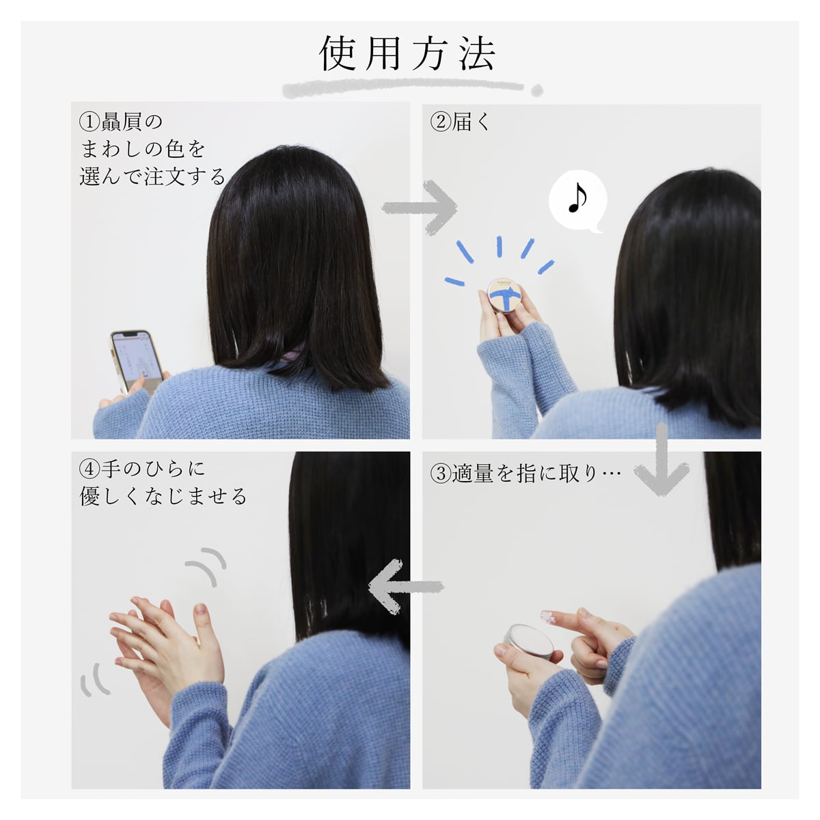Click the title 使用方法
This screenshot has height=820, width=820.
pos(407,53)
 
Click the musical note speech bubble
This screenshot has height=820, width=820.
pos(578,202)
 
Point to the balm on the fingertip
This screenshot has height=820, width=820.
pos(548,616)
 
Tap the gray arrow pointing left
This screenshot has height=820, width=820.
pos(405,586)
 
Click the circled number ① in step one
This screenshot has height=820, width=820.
pos(90,122)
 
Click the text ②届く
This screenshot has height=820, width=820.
pos(460,122)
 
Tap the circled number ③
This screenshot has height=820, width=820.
pos(441,474)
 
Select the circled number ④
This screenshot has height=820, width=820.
pos(90,469)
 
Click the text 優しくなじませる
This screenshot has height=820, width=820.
pos(163,496)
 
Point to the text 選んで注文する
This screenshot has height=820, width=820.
pos(152,176)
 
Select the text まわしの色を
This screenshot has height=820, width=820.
pos(143,150)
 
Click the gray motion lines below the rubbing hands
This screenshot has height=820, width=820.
pos(94,680)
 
